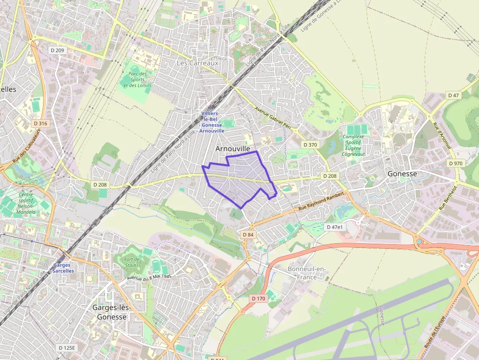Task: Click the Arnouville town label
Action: [x=233, y=148]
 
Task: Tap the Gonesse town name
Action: [x=402, y=173]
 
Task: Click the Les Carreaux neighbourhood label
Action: [x=197, y=63]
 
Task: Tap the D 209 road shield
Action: [x=57, y=50]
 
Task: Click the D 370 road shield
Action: [x=310, y=145]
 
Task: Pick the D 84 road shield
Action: [x=248, y=235]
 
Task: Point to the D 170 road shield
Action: [x=258, y=298]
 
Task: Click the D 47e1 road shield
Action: [x=335, y=227]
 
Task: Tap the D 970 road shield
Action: [x=455, y=163]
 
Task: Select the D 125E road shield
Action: [x=67, y=348]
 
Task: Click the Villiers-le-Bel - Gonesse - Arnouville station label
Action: [x=212, y=122]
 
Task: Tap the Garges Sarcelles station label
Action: [x=63, y=268]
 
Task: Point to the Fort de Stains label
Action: [x=132, y=263]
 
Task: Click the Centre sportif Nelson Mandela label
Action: [x=25, y=203]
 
